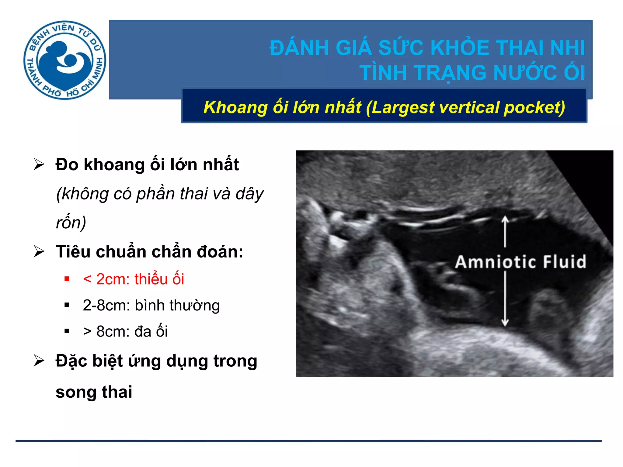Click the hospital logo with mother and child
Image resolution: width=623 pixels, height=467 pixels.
tap(64, 60)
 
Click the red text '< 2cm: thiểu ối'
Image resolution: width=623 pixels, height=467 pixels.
tap(134, 279)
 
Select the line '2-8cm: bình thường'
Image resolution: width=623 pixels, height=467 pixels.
tap(151, 305)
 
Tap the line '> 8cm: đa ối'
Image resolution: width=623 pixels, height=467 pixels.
tap(125, 331)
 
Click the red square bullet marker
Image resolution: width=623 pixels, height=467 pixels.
tap(67, 279)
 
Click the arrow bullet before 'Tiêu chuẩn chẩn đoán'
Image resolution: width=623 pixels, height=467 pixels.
tap(39, 251)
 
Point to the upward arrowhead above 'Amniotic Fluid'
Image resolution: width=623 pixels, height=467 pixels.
tap(505, 219)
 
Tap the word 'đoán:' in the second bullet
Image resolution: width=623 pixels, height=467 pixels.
tap(220, 252)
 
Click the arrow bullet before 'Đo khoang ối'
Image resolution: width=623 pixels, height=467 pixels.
tap(39, 164)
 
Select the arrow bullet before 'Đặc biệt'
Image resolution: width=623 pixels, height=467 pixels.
tap(39, 361)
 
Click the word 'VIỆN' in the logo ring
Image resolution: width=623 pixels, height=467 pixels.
tap(63, 29)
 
